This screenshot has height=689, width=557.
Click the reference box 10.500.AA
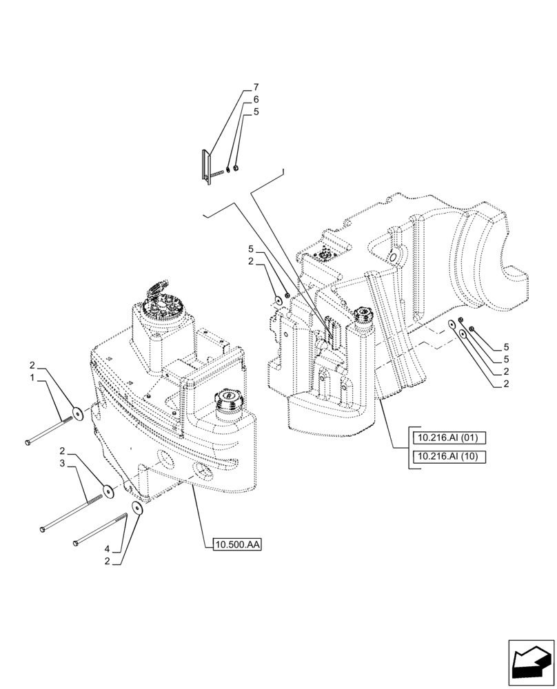[x=237, y=544]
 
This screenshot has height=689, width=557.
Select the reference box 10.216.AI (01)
[x=448, y=437]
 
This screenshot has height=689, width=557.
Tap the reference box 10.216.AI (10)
[x=448, y=456]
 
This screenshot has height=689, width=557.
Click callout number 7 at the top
[x=256, y=88]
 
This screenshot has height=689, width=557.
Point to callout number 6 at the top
[x=256, y=99]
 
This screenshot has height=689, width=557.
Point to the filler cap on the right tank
[x=362, y=316]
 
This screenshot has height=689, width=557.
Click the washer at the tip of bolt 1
[x=78, y=413]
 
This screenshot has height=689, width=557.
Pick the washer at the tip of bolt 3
[x=108, y=491]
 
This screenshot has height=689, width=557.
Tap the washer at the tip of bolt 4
[x=138, y=508]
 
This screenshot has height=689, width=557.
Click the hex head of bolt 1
[x=27, y=442]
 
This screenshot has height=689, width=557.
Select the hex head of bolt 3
[x=43, y=528]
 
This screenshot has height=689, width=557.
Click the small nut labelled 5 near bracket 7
[x=235, y=168]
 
